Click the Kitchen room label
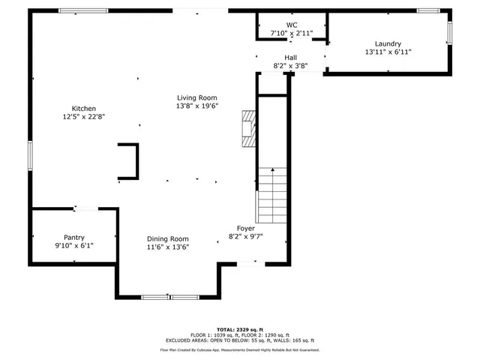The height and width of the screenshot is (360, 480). pyautogui.click(x=83, y=108)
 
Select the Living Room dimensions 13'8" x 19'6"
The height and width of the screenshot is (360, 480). pyautogui.click(x=196, y=106)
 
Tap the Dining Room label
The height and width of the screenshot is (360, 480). pyautogui.click(x=167, y=238)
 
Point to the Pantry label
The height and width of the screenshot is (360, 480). pyautogui.click(x=73, y=236)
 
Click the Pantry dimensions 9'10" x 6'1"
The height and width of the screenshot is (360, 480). pyautogui.click(x=73, y=245)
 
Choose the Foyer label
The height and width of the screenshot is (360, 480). pyautogui.click(x=245, y=228)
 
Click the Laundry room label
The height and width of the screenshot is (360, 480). pyautogui.click(x=388, y=43)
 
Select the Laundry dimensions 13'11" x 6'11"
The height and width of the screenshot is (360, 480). pyautogui.click(x=388, y=52)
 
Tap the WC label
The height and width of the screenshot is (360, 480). pyautogui.click(x=291, y=25)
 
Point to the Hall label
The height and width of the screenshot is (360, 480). pyautogui.click(x=290, y=57)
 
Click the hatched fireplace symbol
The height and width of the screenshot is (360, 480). pyautogui.click(x=248, y=127)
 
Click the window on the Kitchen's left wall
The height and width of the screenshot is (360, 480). pyautogui.click(x=30, y=154)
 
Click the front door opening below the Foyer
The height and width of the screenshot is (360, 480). pyautogui.click(x=247, y=263)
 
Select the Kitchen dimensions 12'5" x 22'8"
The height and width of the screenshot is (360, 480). pyautogui.click(x=83, y=117)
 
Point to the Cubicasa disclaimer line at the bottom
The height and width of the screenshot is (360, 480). pyautogui.click(x=239, y=349)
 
